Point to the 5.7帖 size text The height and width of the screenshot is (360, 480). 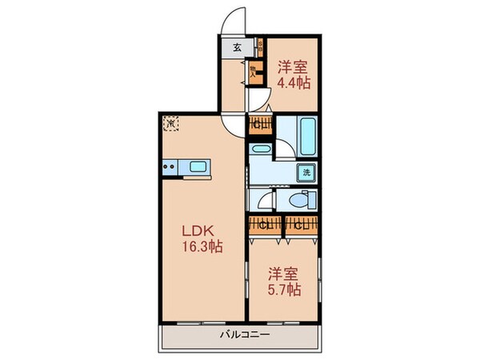click(284, 290)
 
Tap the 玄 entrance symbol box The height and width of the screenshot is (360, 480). click(237, 47)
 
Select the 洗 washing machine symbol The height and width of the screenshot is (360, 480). click(306, 172)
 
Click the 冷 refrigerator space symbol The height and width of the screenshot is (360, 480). click(170, 124)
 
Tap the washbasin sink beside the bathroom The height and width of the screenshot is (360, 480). click(261, 149)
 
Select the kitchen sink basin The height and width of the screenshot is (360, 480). click(198, 168)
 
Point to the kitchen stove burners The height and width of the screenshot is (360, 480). click(170, 168)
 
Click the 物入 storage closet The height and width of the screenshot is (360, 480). click(254, 71)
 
